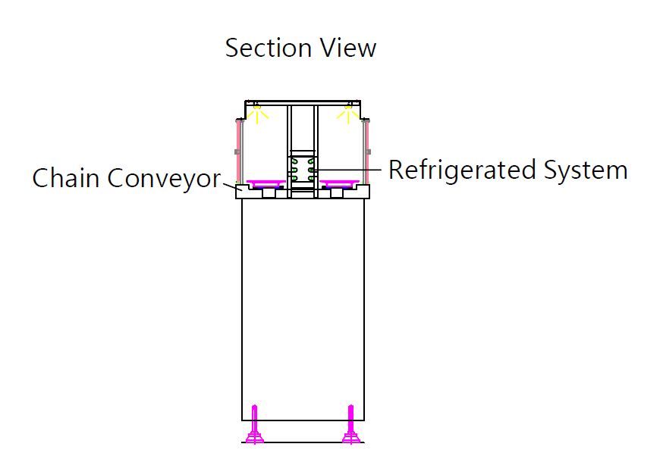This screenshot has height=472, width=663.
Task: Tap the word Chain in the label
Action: (66, 179)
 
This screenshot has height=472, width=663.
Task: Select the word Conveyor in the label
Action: (163, 179)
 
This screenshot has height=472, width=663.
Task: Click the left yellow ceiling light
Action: (257, 114)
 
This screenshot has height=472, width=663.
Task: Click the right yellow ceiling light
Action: (348, 114)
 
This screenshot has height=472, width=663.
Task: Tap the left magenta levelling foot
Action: (255, 427)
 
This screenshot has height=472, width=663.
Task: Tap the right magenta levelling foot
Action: (350, 427)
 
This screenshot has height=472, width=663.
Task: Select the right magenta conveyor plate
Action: (339, 183)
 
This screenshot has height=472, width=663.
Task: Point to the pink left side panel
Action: (240, 152)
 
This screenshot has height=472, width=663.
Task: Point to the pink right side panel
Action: (366, 152)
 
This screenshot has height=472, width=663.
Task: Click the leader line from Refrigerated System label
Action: (349, 169)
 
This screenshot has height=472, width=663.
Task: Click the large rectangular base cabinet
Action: (303, 311)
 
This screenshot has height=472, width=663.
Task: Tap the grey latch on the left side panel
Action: (237, 152)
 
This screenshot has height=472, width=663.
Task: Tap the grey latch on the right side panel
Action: (368, 152)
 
